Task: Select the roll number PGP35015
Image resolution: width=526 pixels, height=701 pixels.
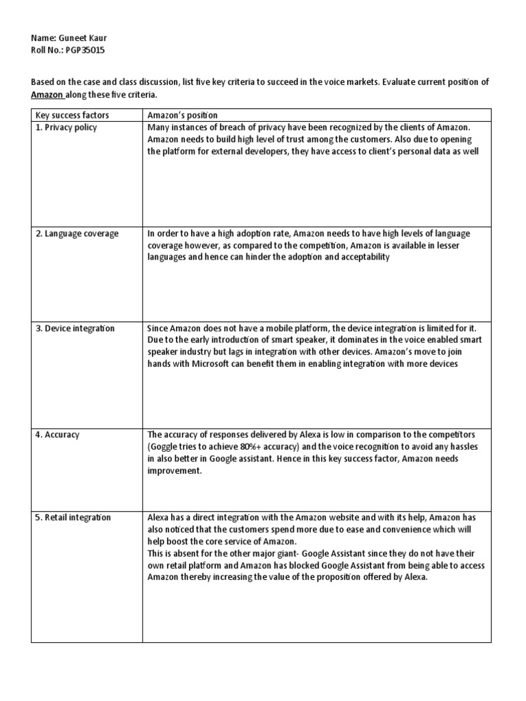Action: pos(86,50)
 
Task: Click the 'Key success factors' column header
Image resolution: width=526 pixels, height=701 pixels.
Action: pos(73,115)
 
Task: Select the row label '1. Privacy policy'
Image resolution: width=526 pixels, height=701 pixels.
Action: pos(66,127)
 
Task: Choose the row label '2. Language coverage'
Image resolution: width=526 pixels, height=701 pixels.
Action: pos(77,233)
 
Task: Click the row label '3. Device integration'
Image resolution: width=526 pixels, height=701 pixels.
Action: pos(75,328)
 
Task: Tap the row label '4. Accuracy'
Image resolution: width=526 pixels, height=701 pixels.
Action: pos(58,434)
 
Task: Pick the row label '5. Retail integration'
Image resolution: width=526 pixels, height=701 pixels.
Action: pos(73,517)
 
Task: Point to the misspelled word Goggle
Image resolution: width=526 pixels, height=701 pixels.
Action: pos(164,446)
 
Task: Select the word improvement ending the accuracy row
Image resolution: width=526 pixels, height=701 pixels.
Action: pos(175,471)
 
